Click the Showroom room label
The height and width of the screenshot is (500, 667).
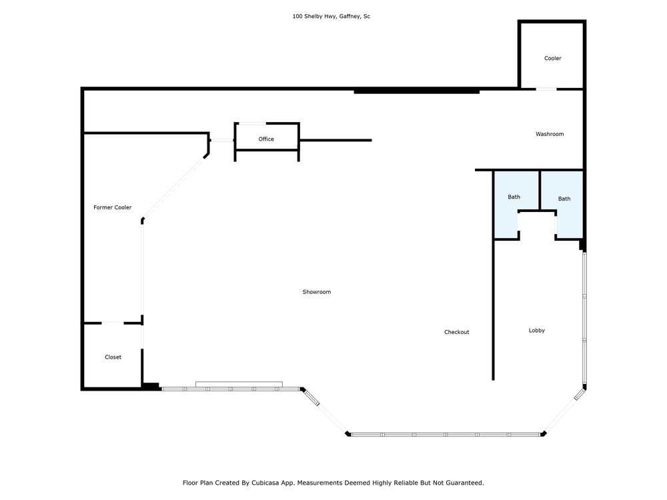(316, 292)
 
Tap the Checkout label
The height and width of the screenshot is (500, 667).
(456, 332)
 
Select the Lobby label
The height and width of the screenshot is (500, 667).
(536, 331)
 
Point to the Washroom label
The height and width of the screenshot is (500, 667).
(550, 134)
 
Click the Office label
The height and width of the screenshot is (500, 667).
(266, 139)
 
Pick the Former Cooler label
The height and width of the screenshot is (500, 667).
(112, 207)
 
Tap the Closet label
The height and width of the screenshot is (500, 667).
(113, 357)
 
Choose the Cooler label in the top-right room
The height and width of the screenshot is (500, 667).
(552, 58)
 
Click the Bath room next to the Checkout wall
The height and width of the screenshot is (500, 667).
(514, 197)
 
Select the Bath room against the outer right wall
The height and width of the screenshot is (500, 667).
(564, 199)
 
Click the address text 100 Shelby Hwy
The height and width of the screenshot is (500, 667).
(314, 16)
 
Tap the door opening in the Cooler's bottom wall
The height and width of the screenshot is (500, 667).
(546, 89)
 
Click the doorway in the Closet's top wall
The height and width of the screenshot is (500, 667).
(113, 323)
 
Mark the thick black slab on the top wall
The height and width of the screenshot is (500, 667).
(417, 91)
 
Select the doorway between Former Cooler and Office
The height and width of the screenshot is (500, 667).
(222, 140)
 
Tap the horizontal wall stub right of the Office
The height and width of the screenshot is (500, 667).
(336, 140)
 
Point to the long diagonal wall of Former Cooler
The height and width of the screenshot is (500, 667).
(174, 187)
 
